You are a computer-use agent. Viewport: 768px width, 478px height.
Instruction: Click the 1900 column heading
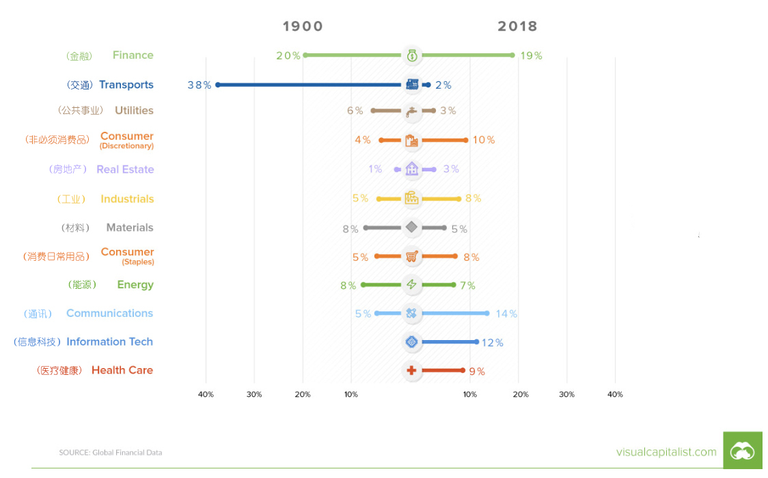tap(303, 27)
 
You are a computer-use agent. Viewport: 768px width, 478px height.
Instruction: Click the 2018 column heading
tap(517, 27)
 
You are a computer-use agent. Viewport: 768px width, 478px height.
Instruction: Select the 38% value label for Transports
tap(199, 85)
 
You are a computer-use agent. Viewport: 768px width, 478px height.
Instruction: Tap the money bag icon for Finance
tap(411, 55)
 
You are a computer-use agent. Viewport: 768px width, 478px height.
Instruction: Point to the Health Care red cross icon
tap(411, 371)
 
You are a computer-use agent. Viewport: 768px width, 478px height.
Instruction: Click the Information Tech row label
tap(109, 342)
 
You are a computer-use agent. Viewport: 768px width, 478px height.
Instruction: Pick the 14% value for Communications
tap(506, 314)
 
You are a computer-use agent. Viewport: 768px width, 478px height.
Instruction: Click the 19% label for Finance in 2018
tap(531, 56)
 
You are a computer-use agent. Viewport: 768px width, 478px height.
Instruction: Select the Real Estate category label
tap(125, 169)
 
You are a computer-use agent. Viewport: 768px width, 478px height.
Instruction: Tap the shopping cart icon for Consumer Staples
tap(411, 257)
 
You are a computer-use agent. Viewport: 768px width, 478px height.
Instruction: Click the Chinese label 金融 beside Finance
tap(79, 56)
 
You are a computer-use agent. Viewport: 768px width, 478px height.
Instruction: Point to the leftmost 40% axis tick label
tap(206, 395)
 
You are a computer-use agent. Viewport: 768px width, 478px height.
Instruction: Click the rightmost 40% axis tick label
tap(615, 395)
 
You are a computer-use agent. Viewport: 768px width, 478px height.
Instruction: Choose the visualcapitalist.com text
tap(666, 452)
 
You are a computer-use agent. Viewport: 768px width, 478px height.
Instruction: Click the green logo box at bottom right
tap(742, 450)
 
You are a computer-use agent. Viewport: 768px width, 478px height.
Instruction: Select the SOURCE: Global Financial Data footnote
tap(110, 453)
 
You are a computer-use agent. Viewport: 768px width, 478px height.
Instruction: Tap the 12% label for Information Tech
tap(492, 343)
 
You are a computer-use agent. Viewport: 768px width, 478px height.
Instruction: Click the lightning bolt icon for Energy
tap(411, 285)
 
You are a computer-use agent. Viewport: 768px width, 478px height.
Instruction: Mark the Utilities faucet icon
tap(411, 111)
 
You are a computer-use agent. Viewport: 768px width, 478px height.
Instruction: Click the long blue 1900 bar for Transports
tap(307, 85)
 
